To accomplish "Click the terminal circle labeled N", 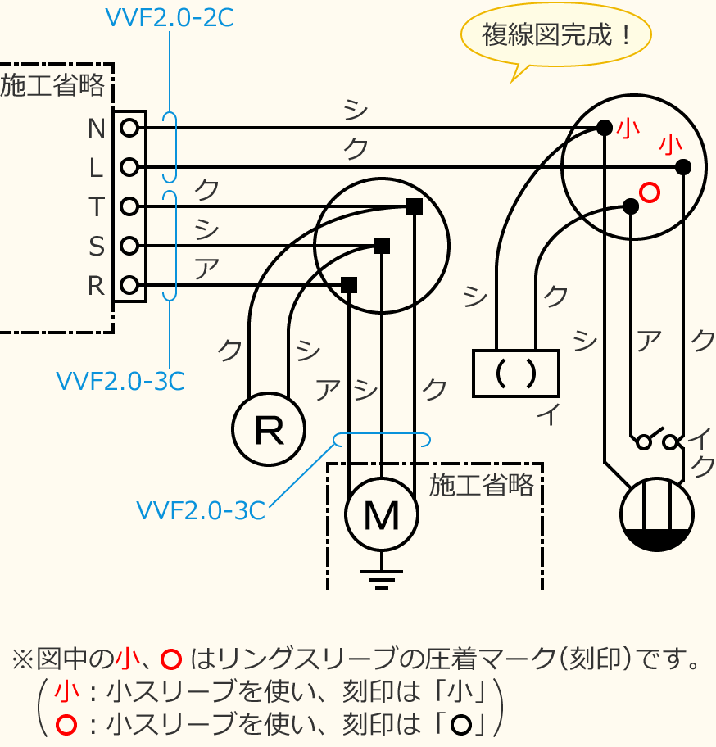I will click(x=129, y=128).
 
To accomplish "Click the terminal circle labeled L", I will click(x=129, y=167).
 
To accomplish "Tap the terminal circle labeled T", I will click(x=129, y=206).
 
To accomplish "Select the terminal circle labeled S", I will click(x=129, y=246).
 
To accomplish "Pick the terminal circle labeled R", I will click(x=129, y=285).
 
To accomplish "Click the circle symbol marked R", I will click(x=269, y=429).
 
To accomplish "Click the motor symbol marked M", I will click(x=382, y=514).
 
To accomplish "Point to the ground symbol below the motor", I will click(x=382, y=579).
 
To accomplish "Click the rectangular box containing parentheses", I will click(x=516, y=373).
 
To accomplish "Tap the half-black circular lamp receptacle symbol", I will click(x=657, y=514).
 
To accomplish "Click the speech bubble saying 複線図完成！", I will click(x=556, y=35).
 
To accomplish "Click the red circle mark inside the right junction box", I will click(x=650, y=192).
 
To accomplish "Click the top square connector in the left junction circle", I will click(x=415, y=206).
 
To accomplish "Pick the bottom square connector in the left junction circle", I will click(x=349, y=285).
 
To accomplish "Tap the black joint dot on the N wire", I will click(x=605, y=128).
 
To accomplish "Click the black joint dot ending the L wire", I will click(x=683, y=167).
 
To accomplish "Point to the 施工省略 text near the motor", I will click(x=481, y=485).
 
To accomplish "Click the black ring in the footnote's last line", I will click(x=461, y=725).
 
